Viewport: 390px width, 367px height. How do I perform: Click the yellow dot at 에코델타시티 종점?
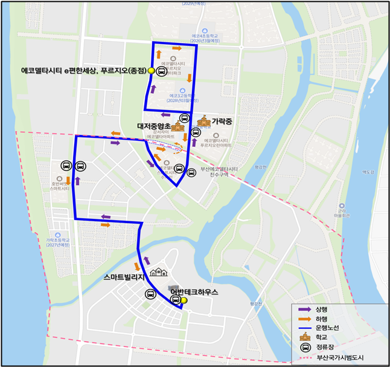pos(151,71)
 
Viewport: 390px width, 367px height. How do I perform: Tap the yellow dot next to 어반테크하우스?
pos(185,300)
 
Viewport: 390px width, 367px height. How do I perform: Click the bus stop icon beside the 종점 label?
pos(162,71)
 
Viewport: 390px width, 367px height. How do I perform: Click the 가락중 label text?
pos(222,121)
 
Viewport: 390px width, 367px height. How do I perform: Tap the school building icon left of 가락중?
pos(203,121)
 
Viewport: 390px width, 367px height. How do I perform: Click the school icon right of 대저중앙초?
pos(178,127)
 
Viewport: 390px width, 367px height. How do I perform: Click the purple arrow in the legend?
pos(301,309)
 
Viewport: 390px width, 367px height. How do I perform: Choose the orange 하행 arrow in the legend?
pos(301,319)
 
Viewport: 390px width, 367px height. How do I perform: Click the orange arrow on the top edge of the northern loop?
pos(177,47)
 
